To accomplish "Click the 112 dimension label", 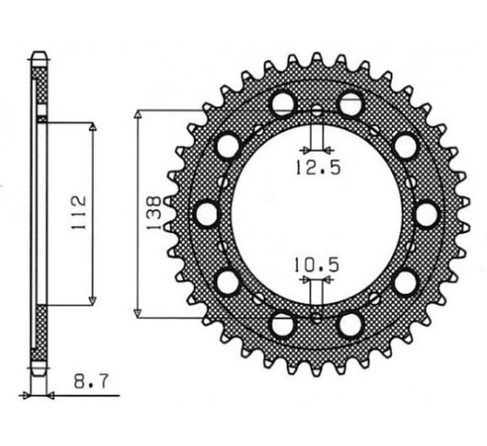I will click(x=79, y=213).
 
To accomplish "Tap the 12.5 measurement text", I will click(x=317, y=167).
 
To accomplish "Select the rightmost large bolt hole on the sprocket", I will click(x=426, y=214).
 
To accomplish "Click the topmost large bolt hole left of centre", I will click(x=283, y=103).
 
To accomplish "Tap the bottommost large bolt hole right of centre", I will click(x=351, y=324).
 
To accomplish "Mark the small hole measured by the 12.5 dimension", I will click(x=317, y=112).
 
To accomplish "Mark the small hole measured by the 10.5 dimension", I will click(x=317, y=316).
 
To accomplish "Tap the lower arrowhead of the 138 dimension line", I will click(x=139, y=313).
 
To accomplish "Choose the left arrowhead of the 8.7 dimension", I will click(x=25, y=395).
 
